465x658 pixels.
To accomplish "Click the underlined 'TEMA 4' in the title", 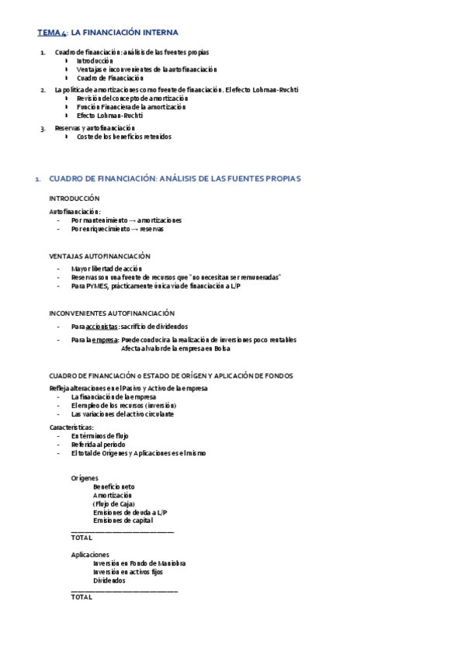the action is point(52,33).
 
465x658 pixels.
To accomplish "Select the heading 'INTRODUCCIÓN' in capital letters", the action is point(75,199).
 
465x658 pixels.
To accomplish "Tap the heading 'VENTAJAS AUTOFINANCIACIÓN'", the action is point(99,256).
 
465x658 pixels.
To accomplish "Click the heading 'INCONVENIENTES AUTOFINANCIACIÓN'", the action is point(112,313).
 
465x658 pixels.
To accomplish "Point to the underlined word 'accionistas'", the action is point(102,327).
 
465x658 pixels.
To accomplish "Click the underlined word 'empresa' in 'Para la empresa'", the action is point(104,340).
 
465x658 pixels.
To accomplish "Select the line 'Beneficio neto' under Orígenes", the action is point(113,486).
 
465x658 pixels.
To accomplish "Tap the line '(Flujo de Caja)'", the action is point(113,504).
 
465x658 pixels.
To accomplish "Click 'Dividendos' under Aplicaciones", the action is point(109,580).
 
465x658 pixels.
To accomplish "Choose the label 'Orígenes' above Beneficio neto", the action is point(85,477).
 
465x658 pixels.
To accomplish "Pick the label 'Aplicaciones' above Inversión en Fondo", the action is point(90,555).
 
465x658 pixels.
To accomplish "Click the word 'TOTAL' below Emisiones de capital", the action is point(82,537).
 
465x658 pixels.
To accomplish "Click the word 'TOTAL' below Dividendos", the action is point(82,597).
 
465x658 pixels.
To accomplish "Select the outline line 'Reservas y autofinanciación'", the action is point(95,128).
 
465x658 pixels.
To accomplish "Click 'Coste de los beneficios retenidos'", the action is point(124,137).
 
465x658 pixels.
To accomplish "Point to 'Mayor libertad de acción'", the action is point(107,268).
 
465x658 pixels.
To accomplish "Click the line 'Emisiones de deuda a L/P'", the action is point(130,512).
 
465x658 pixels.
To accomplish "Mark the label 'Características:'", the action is point(71,428).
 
